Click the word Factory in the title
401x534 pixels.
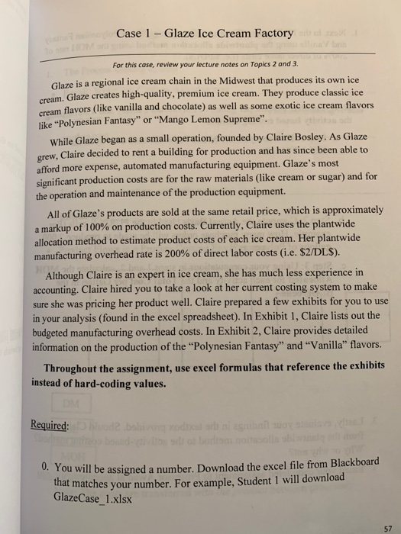[266, 33]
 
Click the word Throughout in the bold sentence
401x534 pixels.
[77, 367]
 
